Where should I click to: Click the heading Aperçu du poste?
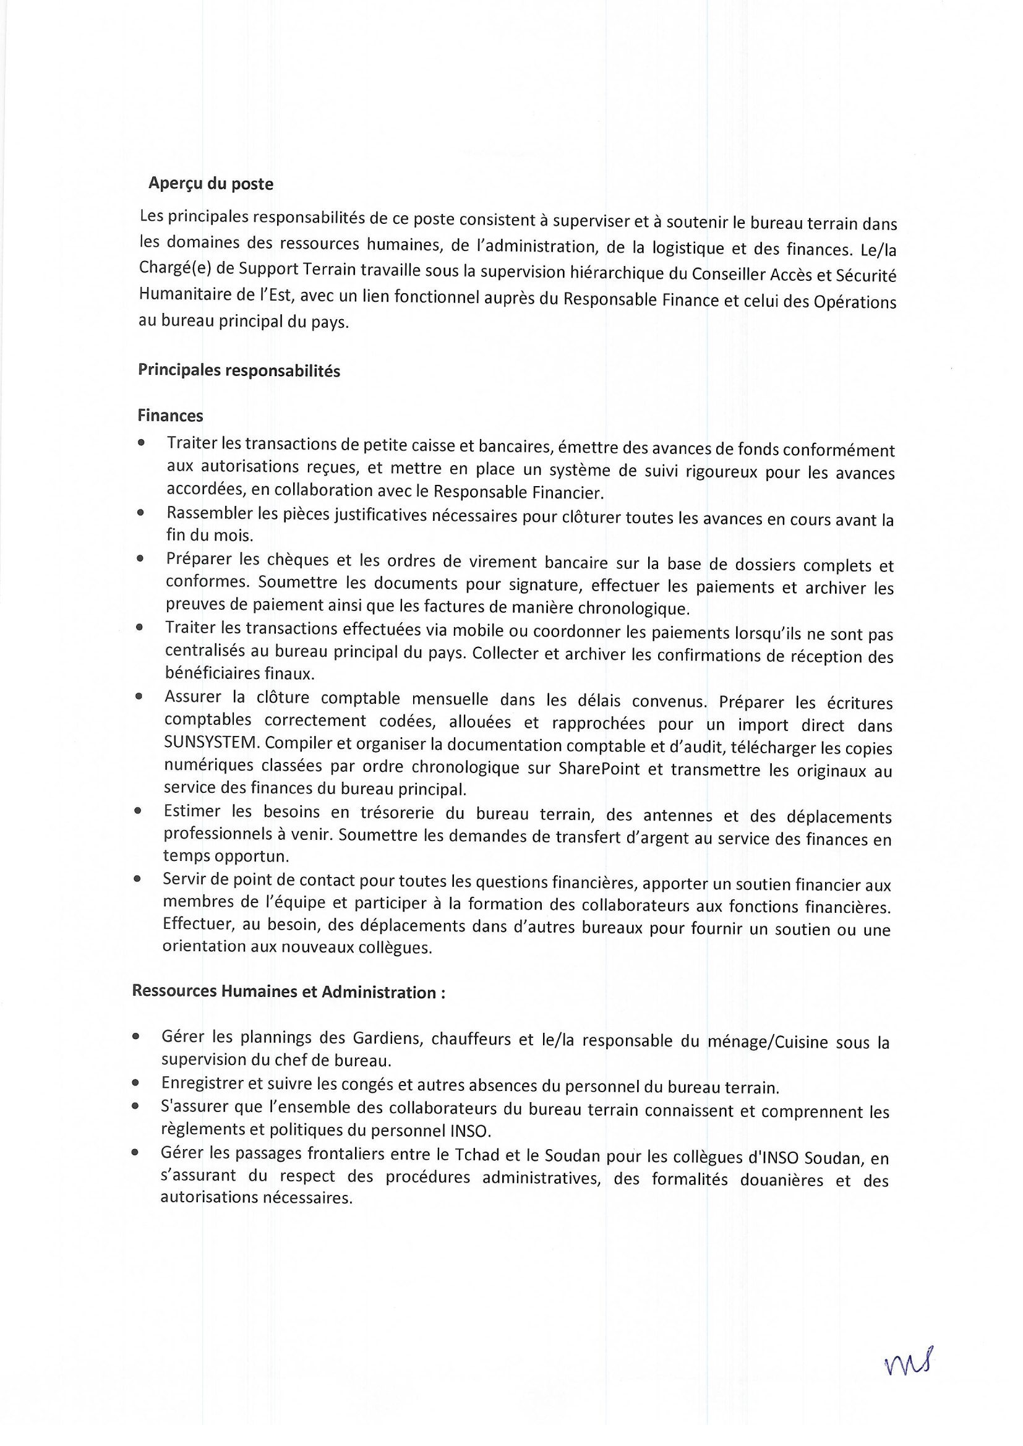click(x=210, y=184)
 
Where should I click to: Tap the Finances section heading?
click(x=170, y=416)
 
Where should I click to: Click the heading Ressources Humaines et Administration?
click(x=288, y=992)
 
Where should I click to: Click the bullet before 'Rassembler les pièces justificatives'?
click(x=140, y=513)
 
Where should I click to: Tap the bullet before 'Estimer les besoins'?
click(x=137, y=811)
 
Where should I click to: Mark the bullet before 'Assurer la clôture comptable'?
click(x=138, y=696)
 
